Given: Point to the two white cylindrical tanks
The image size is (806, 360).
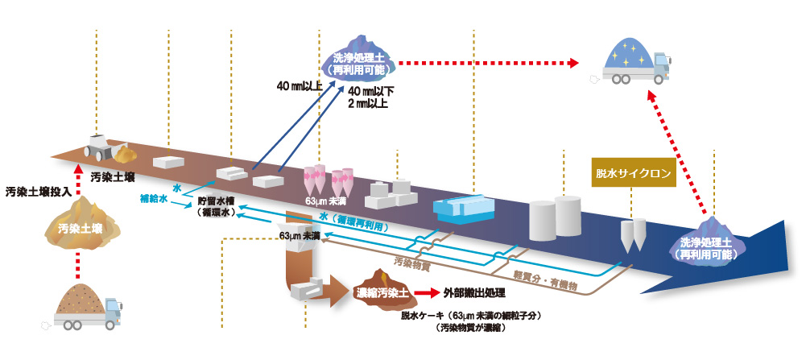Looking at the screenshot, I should [555, 217].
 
